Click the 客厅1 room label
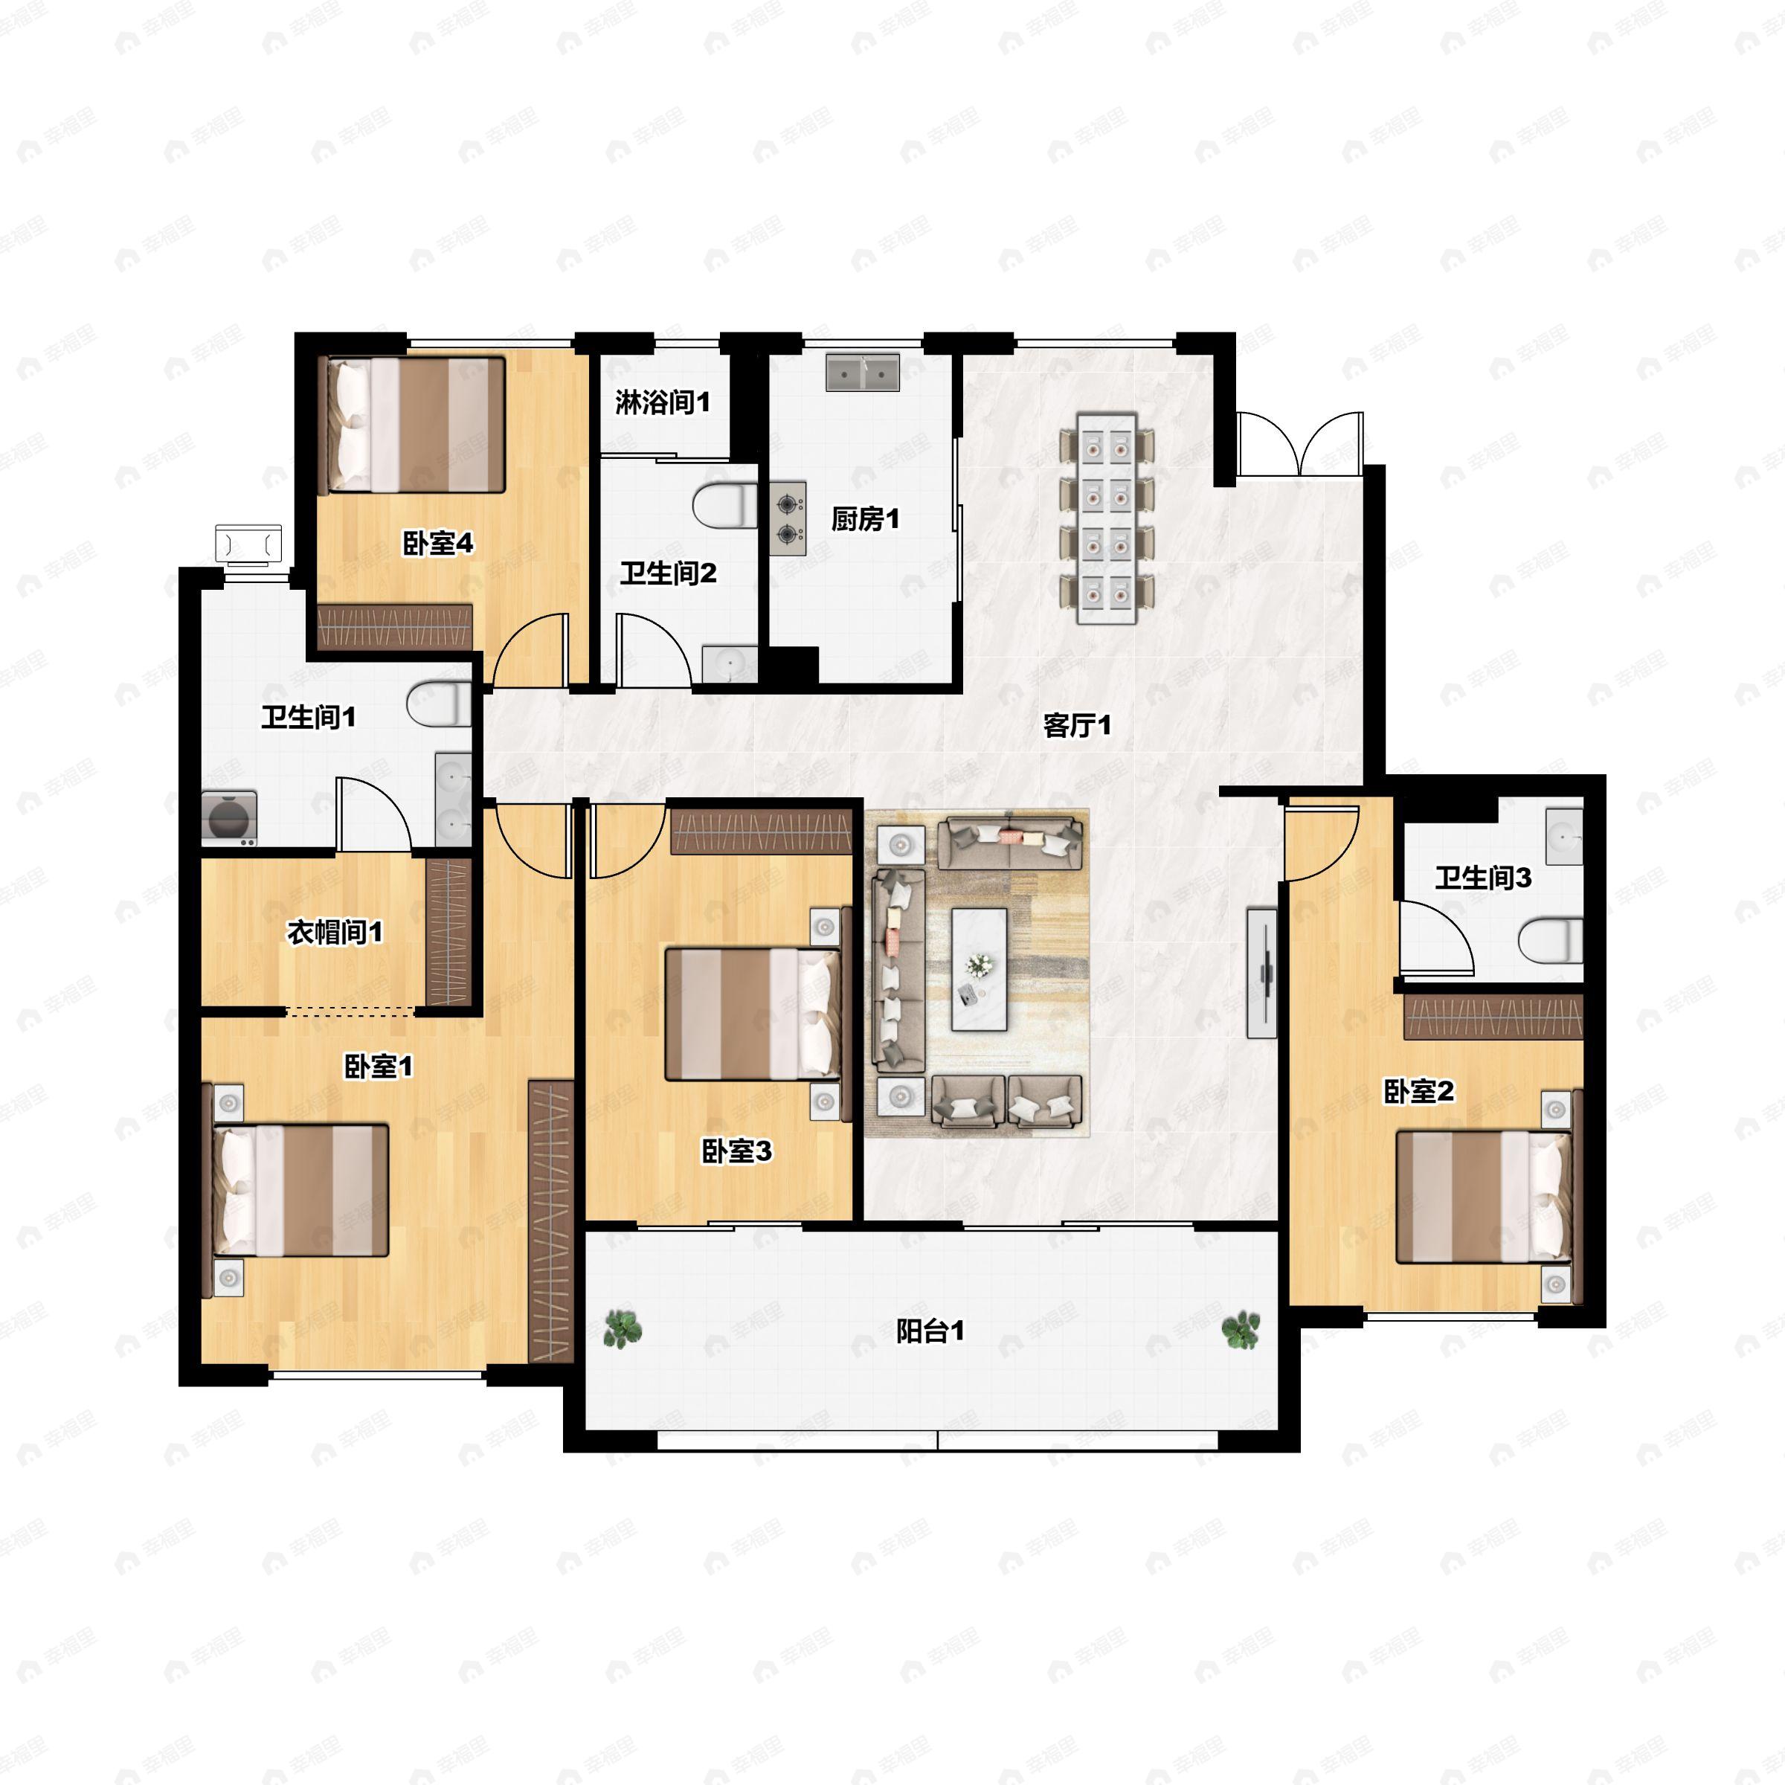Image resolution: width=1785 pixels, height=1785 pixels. click(1076, 725)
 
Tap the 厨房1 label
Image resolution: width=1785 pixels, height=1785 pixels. click(865, 519)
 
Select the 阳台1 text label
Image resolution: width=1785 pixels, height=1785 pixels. click(930, 1331)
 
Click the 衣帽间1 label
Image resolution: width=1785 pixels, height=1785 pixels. click(335, 932)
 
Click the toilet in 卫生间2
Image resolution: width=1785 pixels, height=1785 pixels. click(725, 506)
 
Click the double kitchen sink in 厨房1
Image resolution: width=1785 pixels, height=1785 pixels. click(863, 373)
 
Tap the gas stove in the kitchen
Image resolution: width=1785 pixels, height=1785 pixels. click(786, 518)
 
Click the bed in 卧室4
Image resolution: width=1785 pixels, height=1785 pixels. click(412, 425)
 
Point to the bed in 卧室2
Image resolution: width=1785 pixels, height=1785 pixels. click(1483, 1197)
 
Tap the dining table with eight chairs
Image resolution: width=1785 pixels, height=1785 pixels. click(1107, 519)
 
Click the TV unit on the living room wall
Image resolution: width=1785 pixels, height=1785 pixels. click(1262, 973)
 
